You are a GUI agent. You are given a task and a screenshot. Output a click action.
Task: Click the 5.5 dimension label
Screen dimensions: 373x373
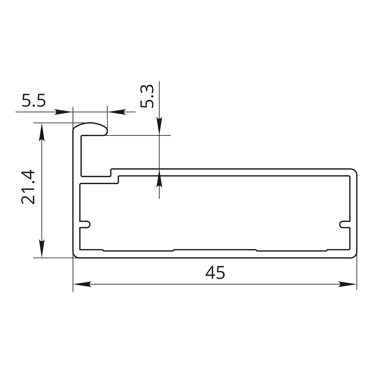point(34,100)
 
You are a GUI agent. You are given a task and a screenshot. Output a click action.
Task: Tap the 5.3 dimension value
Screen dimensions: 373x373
point(147,96)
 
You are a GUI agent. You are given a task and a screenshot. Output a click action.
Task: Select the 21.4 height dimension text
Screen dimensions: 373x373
point(28,187)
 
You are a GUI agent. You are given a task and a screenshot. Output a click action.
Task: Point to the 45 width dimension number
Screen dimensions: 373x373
point(215,273)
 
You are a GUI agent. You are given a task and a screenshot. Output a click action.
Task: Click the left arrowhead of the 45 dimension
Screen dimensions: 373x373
point(82,284)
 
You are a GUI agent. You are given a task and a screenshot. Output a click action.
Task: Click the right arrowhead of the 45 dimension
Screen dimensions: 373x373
point(347,284)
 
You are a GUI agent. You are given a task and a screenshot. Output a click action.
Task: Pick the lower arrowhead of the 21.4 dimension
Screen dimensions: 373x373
point(42,248)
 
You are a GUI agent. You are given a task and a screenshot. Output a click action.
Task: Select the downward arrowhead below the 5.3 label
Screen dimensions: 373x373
point(159,126)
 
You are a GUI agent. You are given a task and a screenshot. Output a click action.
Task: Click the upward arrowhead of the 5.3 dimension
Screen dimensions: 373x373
point(159,178)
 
